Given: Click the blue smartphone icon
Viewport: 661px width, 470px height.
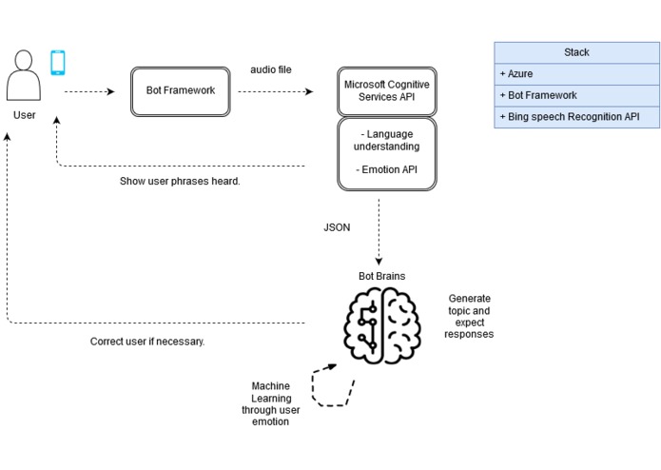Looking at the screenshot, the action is pyautogui.click(x=58, y=63).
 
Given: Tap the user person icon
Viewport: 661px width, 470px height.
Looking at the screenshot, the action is pyautogui.click(x=24, y=75).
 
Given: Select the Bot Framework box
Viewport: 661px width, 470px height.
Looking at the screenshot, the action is pyautogui.click(x=181, y=91).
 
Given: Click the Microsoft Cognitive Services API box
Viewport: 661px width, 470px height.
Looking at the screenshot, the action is pyautogui.click(x=386, y=91).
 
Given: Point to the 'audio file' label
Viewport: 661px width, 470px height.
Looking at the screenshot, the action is pyautogui.click(x=271, y=69).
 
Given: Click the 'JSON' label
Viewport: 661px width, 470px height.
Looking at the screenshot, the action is pyautogui.click(x=337, y=227).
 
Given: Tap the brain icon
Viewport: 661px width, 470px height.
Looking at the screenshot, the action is pyautogui.click(x=382, y=325).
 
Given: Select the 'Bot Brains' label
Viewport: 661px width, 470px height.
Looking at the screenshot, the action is pyautogui.click(x=382, y=276).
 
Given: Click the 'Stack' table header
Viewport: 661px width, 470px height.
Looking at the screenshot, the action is pyautogui.click(x=576, y=52).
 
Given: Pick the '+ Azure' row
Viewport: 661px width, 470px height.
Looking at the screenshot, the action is pyautogui.click(x=576, y=74).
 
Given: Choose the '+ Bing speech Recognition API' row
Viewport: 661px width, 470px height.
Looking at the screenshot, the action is pyautogui.click(x=576, y=117).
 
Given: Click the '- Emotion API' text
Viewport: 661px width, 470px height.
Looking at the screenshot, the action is pyautogui.click(x=386, y=169).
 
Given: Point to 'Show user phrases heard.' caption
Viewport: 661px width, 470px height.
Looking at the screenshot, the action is pyautogui.click(x=180, y=182).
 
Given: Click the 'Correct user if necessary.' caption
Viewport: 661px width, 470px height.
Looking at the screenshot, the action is pyautogui.click(x=147, y=342).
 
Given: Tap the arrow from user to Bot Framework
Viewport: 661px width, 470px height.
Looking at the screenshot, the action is pyautogui.click(x=89, y=91).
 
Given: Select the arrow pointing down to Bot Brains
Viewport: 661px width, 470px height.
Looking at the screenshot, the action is pyautogui.click(x=379, y=232).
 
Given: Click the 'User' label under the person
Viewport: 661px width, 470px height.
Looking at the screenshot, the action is pyautogui.click(x=25, y=115).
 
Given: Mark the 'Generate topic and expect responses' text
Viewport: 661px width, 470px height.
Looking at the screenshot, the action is pyautogui.click(x=469, y=316).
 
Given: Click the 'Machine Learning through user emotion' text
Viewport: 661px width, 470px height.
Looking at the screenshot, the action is pyautogui.click(x=271, y=403).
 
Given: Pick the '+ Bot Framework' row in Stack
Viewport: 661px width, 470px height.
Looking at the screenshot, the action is pyautogui.click(x=576, y=96).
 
